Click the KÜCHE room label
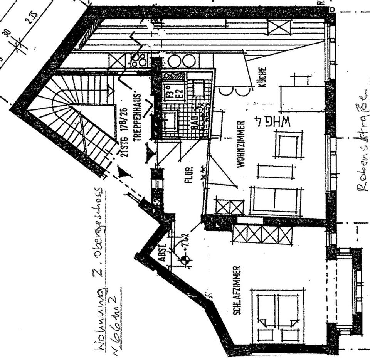coord(263,77)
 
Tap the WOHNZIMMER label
coord(242,144)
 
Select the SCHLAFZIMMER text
coord(237,290)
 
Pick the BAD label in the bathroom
coord(195,123)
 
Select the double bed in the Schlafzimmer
coord(277,314)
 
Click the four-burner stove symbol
coord(139,60)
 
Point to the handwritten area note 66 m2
coord(114,306)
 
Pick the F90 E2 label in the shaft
coord(170,88)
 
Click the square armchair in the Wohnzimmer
coord(288,144)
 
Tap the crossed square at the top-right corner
coord(280,27)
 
